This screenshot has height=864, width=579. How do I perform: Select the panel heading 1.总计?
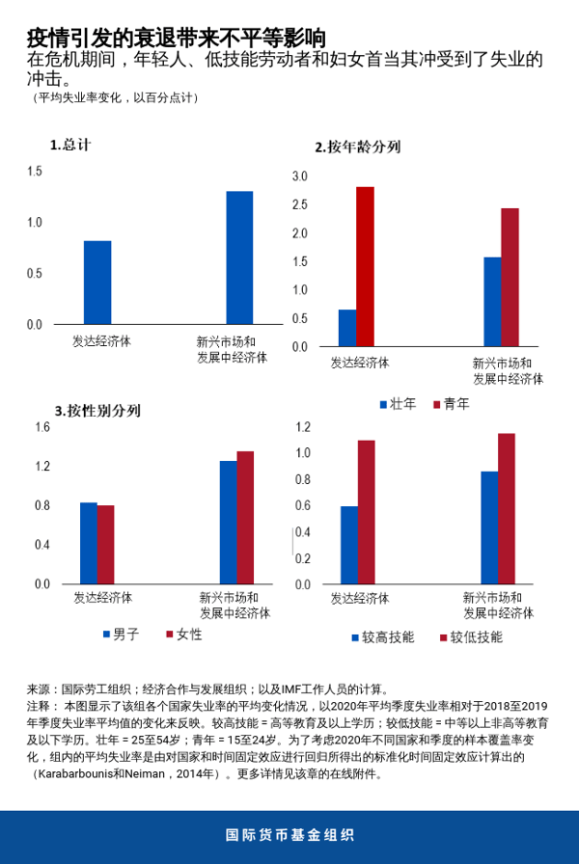pyautogui.click(x=70, y=145)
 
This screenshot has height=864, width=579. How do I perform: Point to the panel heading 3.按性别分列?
pyautogui.click(x=97, y=410)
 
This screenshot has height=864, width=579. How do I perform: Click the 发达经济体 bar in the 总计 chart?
pyautogui.click(x=96, y=283)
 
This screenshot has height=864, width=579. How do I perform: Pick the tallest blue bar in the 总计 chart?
pyautogui.click(x=239, y=257)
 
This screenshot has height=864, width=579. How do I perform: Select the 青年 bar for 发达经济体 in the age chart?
pyautogui.click(x=365, y=266)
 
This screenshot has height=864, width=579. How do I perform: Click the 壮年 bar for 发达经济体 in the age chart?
pyautogui.click(x=347, y=328)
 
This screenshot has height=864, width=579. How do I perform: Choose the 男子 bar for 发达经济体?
pyautogui.click(x=88, y=543)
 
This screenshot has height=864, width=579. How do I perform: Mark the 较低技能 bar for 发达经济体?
pyautogui.click(x=366, y=512)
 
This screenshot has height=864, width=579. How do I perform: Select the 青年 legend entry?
pyautogui.click(x=450, y=404)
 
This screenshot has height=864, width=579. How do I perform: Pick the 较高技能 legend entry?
pyautogui.click(x=382, y=637)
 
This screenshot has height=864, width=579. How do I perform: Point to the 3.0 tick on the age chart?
pyautogui.click(x=299, y=176)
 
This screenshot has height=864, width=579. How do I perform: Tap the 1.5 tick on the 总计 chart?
pyautogui.click(x=35, y=172)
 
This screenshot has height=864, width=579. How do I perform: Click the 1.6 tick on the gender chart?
pyautogui.click(x=42, y=427)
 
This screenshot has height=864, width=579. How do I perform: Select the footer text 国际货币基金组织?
pyautogui.click(x=289, y=835)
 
